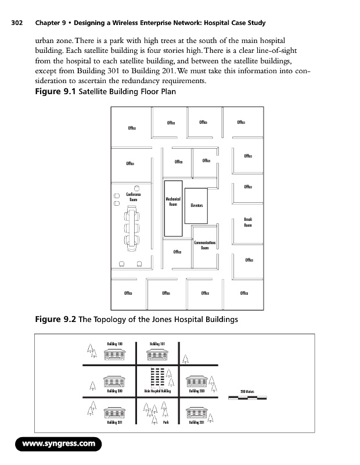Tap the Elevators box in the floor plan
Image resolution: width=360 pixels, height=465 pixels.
pyautogui.click(x=197, y=205)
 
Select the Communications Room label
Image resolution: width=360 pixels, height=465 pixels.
pyautogui.click(x=205, y=245)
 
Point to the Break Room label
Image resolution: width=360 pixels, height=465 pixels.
pyautogui.click(x=248, y=222)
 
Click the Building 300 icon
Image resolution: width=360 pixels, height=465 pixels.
pyautogui.click(x=114, y=381)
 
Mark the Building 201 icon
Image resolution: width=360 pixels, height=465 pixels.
pyautogui.click(x=197, y=413)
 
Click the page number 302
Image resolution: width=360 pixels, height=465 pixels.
pyautogui.click(x=16, y=23)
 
